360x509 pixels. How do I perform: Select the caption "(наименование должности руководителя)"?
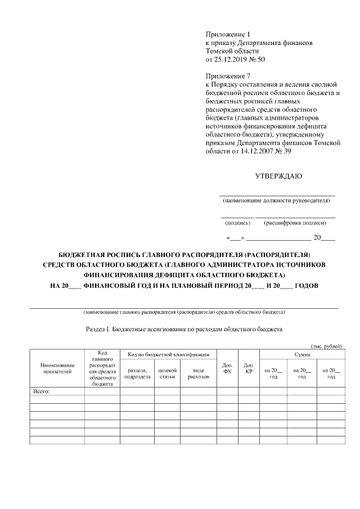278,200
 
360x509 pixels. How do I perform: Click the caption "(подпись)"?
237,223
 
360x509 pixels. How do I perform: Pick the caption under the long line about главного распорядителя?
184,312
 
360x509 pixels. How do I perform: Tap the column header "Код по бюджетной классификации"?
168,354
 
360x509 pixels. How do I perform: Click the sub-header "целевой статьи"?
167,373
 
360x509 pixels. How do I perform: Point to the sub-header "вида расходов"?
198,373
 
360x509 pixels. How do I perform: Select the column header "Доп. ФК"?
227,368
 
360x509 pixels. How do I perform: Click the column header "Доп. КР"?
249,368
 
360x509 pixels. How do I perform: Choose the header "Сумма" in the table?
302,354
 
